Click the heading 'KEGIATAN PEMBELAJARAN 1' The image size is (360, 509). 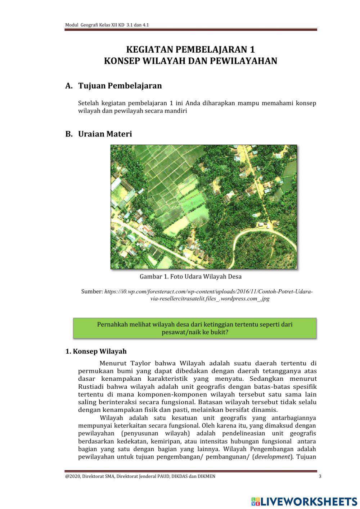point(190,49)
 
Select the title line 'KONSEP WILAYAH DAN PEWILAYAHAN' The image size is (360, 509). point(190,61)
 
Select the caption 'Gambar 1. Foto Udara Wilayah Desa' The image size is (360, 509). point(190,277)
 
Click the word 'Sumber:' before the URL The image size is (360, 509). point(92,291)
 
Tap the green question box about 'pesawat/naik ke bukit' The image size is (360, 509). point(195,328)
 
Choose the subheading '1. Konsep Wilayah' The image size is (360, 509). point(96,351)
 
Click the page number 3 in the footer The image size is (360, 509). point(320,477)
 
